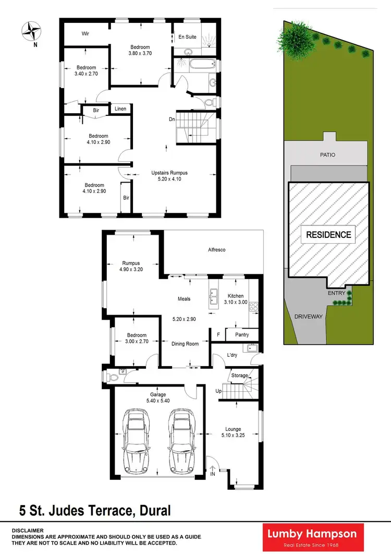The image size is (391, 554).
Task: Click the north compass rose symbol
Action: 31,30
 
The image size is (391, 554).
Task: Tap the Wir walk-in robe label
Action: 86,33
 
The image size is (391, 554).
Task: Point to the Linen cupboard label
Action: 121,109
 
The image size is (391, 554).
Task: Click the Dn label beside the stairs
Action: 172,119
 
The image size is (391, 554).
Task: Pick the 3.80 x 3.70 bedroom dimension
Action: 140,53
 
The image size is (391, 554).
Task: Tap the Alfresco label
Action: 216,250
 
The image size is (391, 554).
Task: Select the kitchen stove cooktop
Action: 254,306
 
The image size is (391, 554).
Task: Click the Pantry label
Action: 242,335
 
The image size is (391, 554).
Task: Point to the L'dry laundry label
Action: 233,355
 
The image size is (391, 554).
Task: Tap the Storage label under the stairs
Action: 240,375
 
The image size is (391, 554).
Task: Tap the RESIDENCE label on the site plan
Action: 328,235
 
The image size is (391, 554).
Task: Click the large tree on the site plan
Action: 290,38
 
